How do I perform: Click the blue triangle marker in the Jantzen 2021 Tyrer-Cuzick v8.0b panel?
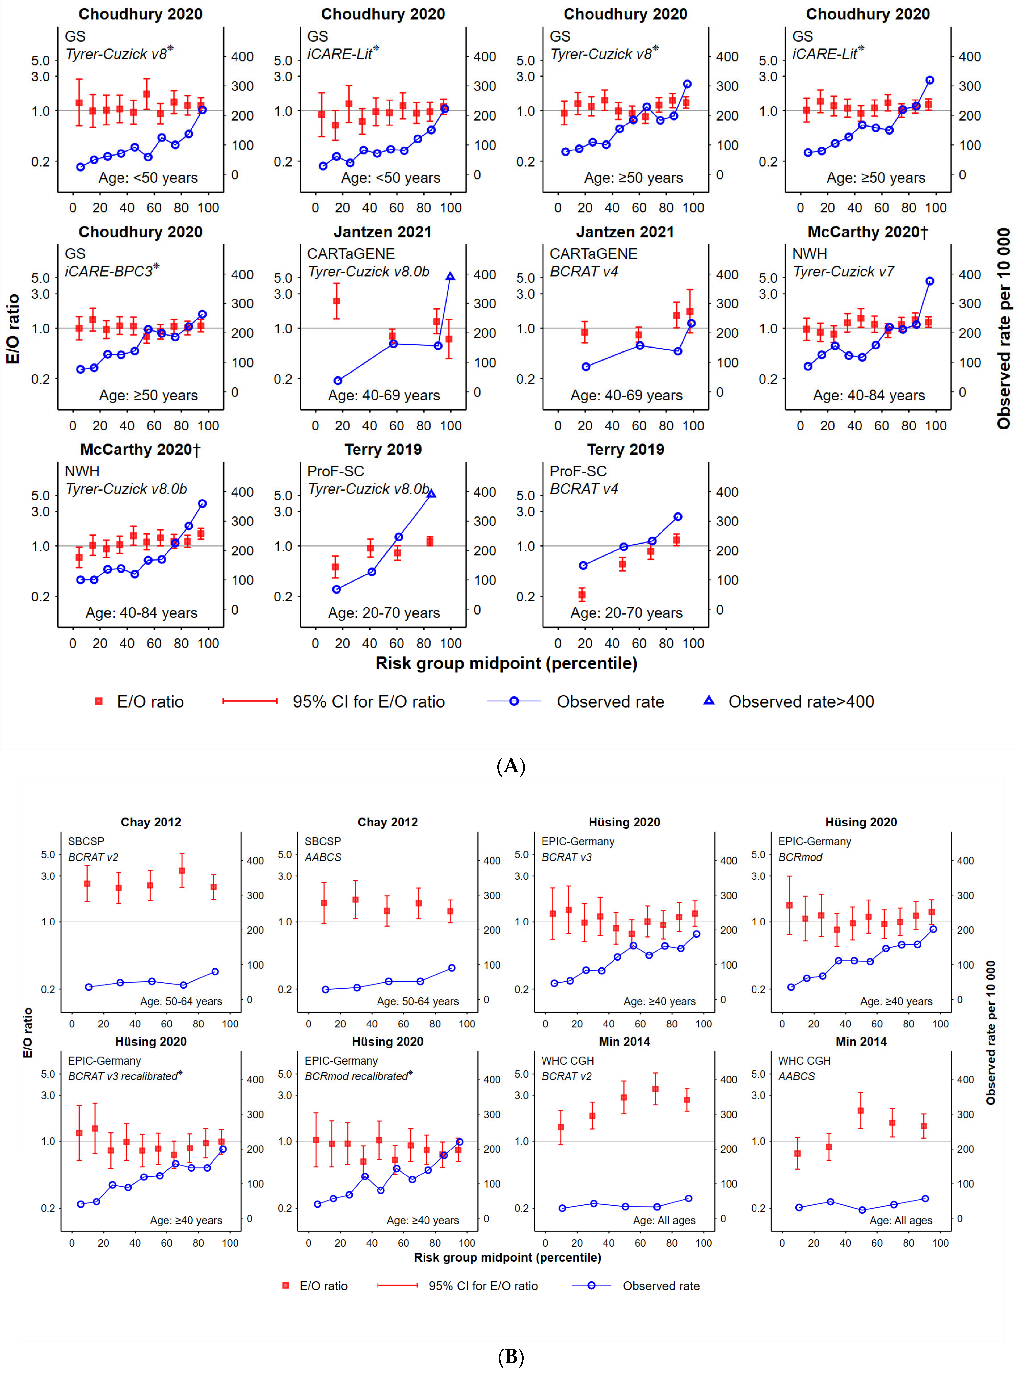tap(450, 277)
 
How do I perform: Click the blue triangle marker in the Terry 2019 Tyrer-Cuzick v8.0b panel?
tap(431, 494)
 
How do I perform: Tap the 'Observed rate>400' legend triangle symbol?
tap(709, 700)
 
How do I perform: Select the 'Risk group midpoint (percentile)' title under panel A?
tap(506, 663)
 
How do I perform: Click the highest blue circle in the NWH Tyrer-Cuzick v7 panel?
tap(930, 281)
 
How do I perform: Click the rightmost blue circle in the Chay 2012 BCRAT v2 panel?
tap(215, 972)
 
